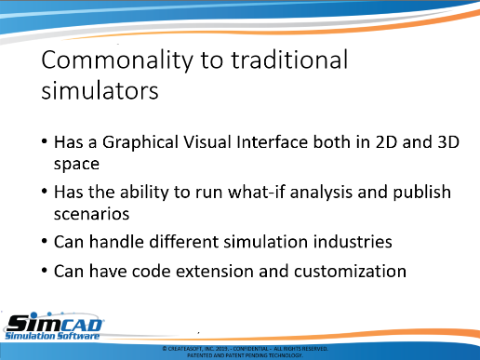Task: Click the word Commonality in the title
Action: click(117, 60)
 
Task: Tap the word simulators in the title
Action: click(100, 90)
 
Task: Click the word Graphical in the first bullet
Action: click(140, 143)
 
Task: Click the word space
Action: click(76, 165)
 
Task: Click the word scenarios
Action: click(91, 214)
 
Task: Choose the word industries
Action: click(353, 242)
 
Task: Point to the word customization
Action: click(350, 272)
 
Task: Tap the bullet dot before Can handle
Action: click(45, 241)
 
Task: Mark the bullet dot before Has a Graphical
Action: click(45, 141)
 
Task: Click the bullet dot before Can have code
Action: click(45, 271)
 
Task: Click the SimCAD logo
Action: click(53, 326)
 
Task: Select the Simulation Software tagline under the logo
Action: click(52, 336)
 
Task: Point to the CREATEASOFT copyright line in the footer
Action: click(245, 349)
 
